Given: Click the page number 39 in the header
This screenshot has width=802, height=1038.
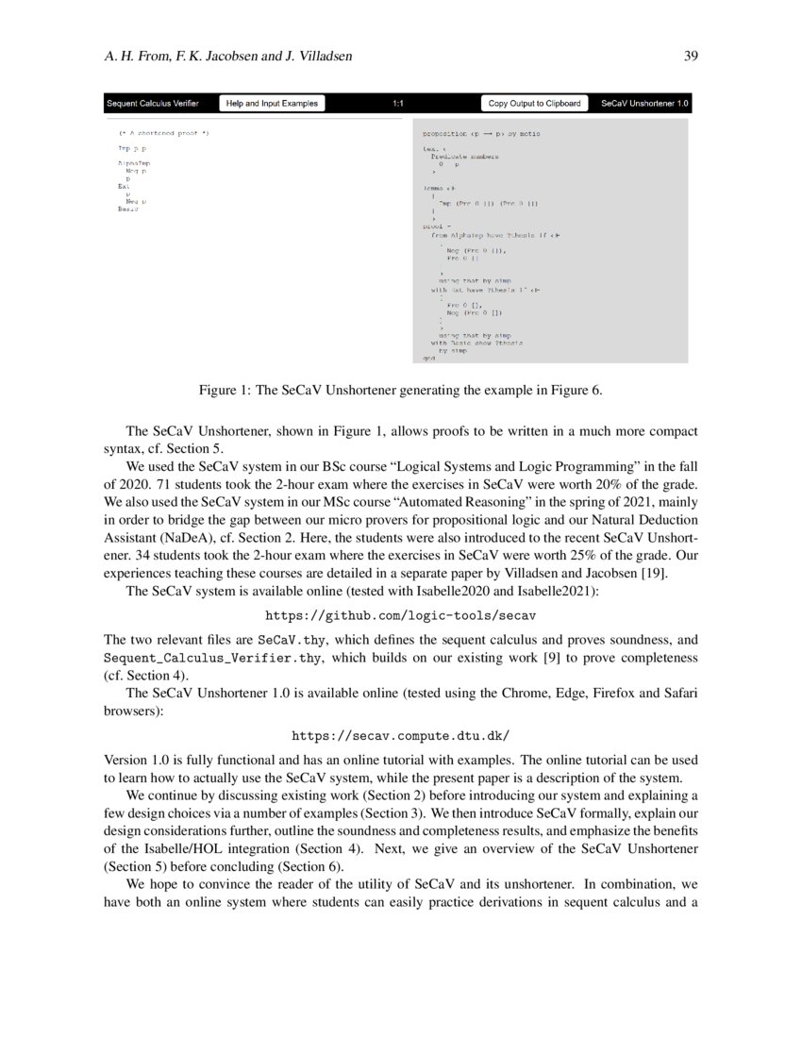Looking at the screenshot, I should pos(690,57).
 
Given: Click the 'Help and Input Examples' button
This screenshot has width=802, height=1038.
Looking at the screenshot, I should pos(272,103).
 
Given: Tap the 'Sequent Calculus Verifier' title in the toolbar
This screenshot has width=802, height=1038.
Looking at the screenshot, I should pos(152,103).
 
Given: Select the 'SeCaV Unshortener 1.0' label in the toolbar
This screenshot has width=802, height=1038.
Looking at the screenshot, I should pos(644,103).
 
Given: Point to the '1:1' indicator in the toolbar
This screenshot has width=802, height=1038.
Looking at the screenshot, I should pos(399,103).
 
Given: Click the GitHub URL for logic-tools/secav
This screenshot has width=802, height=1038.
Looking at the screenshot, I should pos(400,614).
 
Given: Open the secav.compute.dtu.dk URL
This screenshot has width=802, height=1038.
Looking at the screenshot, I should pos(400,733).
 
